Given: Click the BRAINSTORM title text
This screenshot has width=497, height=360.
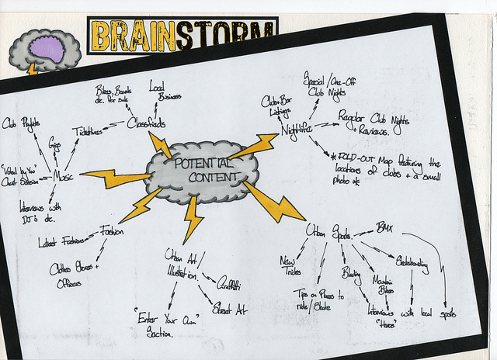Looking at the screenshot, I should click(x=182, y=36).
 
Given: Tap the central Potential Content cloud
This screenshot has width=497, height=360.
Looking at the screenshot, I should click(x=200, y=169).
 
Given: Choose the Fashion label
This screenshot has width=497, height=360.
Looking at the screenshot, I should click(x=112, y=231).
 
